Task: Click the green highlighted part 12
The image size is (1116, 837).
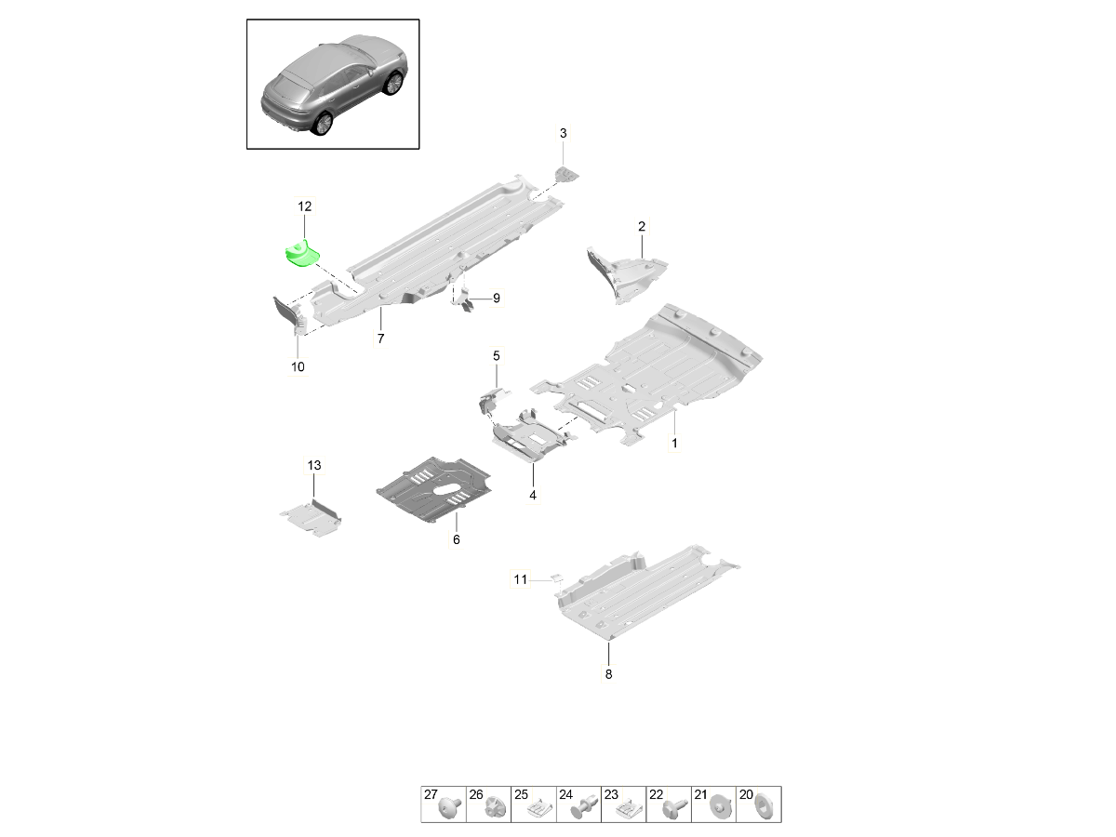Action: pyautogui.click(x=300, y=253)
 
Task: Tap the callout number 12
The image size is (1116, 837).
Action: pyautogui.click(x=305, y=206)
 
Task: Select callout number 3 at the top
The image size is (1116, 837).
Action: pyautogui.click(x=563, y=134)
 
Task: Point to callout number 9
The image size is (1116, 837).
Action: pyautogui.click(x=496, y=299)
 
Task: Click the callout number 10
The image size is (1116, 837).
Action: pyautogui.click(x=298, y=367)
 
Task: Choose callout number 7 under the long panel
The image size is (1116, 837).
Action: pyautogui.click(x=380, y=339)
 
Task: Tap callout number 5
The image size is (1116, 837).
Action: pyautogui.click(x=496, y=356)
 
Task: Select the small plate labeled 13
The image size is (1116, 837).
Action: pyautogui.click(x=312, y=518)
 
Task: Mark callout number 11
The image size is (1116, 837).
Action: pyautogui.click(x=521, y=579)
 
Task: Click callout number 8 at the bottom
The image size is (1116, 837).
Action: pyautogui.click(x=608, y=675)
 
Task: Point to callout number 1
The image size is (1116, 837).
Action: pyautogui.click(x=674, y=445)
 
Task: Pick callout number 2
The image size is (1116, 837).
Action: pyautogui.click(x=642, y=226)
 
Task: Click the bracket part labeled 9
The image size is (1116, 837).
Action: pyautogui.click(x=465, y=299)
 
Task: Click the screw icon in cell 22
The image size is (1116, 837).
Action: pyautogui.click(x=672, y=807)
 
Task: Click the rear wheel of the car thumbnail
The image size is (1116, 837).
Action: pyautogui.click(x=323, y=124)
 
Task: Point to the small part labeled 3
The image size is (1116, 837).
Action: pyautogui.click(x=564, y=174)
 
